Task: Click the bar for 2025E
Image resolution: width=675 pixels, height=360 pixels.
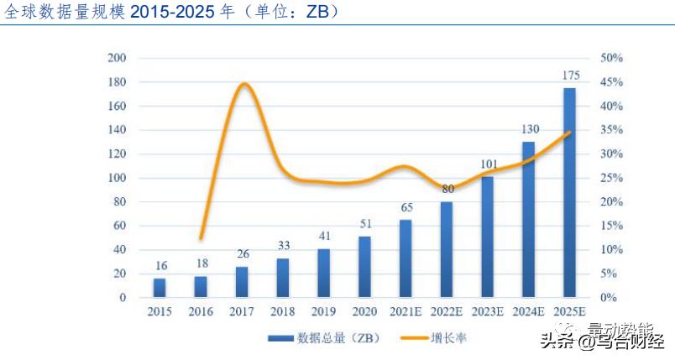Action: tap(569, 193)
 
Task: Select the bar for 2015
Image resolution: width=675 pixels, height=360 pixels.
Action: tap(160, 288)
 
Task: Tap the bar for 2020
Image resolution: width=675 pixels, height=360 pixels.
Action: tap(364, 267)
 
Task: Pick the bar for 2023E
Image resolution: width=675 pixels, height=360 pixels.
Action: tap(488, 237)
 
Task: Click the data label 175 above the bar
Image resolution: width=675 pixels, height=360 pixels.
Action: tap(569, 76)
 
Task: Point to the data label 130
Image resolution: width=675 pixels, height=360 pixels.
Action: tap(528, 130)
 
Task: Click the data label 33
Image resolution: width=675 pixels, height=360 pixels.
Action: tap(283, 247)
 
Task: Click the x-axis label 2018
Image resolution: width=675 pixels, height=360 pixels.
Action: tap(283, 312)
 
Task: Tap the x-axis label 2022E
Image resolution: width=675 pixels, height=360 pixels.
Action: tap(447, 312)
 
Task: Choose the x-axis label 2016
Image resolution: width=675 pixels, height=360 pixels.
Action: tap(201, 312)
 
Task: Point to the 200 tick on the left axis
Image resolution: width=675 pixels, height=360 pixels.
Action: tap(117, 58)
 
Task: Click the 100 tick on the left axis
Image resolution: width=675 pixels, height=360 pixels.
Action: tap(117, 178)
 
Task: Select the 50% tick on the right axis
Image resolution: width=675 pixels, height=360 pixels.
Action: tap(611, 58)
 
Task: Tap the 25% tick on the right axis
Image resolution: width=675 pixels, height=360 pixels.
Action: tap(611, 178)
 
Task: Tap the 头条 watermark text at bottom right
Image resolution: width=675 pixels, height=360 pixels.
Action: tap(557, 342)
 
